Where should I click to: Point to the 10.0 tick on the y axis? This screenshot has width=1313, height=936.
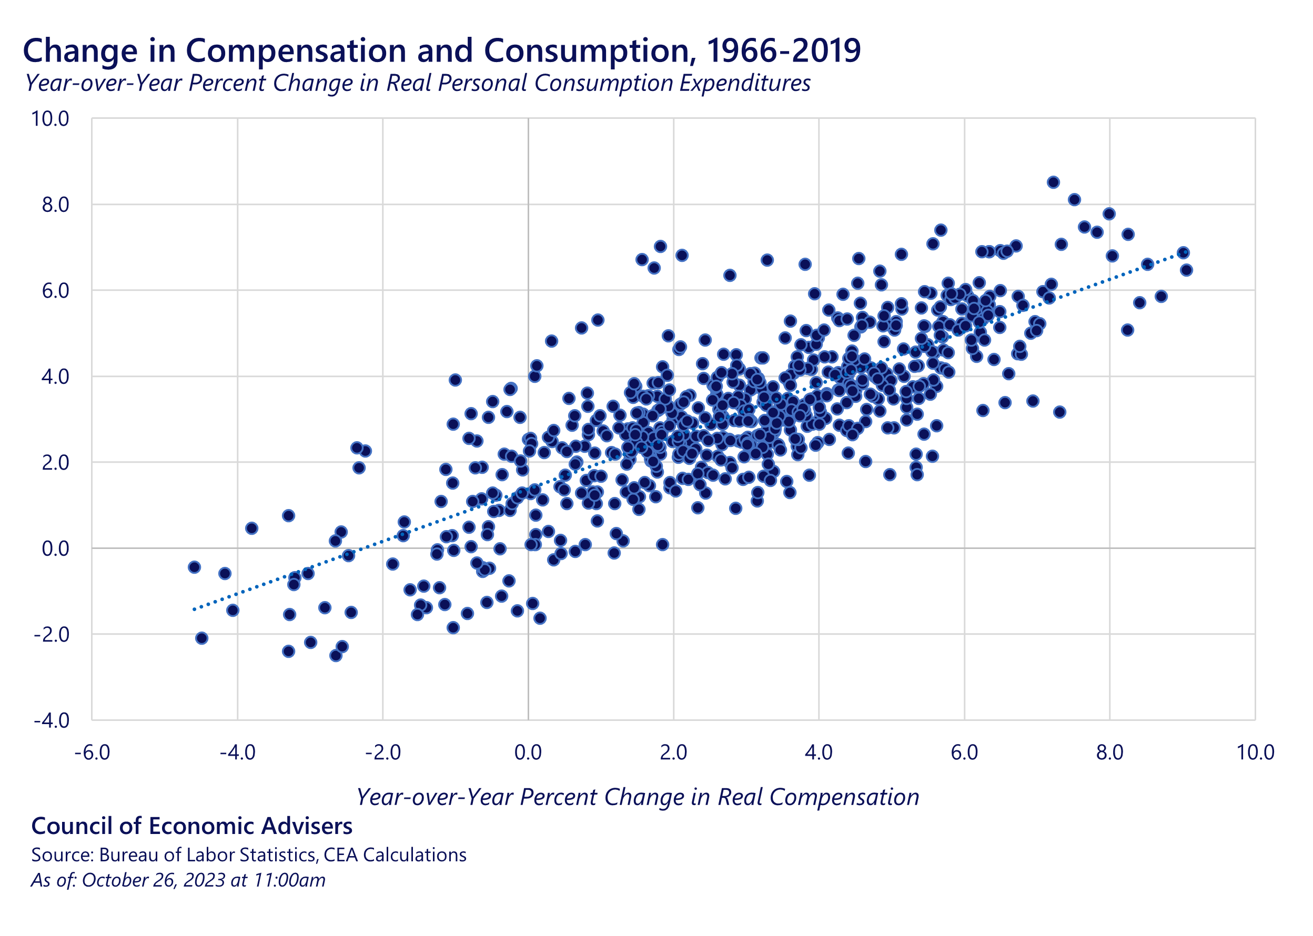(x=50, y=119)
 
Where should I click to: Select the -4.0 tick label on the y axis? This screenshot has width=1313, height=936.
(x=52, y=720)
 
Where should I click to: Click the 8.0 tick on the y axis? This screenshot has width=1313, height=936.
(x=55, y=205)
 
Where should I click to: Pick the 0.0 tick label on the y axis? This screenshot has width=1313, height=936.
(x=55, y=548)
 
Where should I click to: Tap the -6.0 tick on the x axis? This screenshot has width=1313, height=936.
(x=92, y=752)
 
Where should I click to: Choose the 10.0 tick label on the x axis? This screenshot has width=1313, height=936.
(x=1255, y=752)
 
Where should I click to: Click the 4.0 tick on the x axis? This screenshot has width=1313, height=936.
(x=819, y=752)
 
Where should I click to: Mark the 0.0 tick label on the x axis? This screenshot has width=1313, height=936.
(x=528, y=752)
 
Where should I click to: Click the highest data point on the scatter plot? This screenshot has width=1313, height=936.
(x=1054, y=182)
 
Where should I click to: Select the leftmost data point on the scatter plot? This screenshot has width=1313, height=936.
(x=194, y=567)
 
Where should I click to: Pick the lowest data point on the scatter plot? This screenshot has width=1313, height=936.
(x=336, y=655)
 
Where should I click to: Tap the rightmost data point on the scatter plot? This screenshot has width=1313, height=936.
(x=1186, y=270)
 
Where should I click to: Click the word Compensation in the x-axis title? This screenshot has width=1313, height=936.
(x=844, y=797)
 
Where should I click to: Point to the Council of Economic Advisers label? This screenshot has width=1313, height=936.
(x=191, y=826)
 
